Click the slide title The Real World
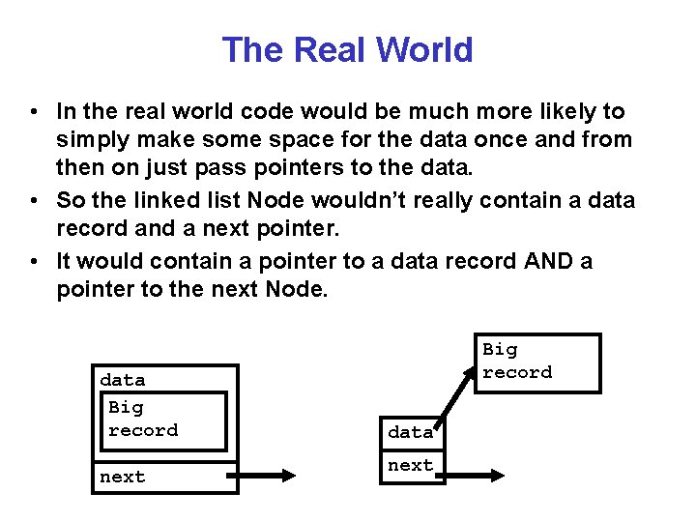tap(347, 49)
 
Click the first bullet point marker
tap(35, 112)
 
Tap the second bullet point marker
tap(35, 201)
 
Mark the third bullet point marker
tap(35, 262)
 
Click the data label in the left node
tap(123, 380)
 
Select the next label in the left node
tap(123, 477)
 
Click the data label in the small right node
tap(411, 432)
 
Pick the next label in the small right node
tap(411, 465)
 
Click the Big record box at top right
tap(540, 362)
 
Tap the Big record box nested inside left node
tap(162, 420)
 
